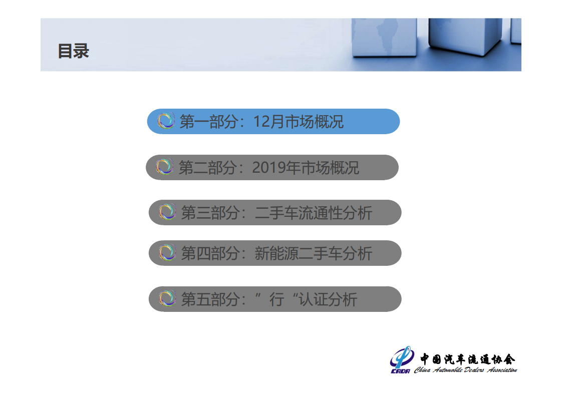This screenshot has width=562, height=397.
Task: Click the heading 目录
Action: tap(73, 51)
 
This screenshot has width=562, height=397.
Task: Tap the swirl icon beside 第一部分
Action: tap(166, 121)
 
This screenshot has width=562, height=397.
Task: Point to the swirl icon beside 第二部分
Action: tap(164, 167)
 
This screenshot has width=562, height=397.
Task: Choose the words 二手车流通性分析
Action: tap(314, 213)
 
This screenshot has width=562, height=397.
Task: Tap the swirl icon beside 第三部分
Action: tap(167, 212)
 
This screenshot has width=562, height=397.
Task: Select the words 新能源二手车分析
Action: tap(314, 253)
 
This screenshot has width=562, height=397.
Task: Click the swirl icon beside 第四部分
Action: tap(167, 253)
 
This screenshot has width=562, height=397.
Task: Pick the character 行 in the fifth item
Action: tap(276, 299)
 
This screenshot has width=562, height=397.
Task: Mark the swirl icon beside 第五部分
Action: tap(167, 299)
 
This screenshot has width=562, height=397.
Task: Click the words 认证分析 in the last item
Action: tap(328, 299)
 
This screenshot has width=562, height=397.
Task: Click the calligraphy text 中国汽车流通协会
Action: tap(467, 358)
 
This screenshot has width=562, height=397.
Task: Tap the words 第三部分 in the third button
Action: tap(210, 213)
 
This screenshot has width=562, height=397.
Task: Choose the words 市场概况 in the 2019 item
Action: tap(331, 168)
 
